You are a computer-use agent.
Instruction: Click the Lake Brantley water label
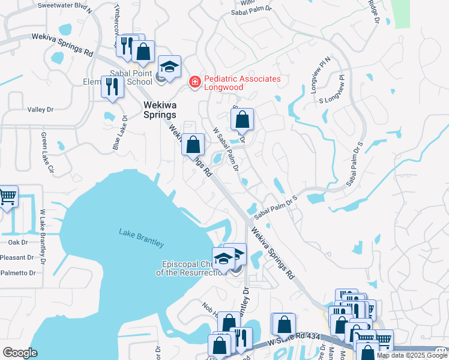point(141,238)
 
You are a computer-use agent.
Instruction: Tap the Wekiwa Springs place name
point(160,109)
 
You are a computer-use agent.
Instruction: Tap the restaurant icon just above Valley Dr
point(112,87)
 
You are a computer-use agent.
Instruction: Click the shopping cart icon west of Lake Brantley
point(7,197)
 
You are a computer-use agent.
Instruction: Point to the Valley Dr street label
point(41,110)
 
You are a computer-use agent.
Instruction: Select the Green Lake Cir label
point(44,152)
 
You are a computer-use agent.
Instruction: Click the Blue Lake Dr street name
point(116,133)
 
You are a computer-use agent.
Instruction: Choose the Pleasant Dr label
point(17,257)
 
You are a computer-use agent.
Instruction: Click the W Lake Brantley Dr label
point(43,236)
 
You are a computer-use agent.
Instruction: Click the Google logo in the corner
point(20,353)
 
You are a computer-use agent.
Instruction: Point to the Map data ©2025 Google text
point(412,355)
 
